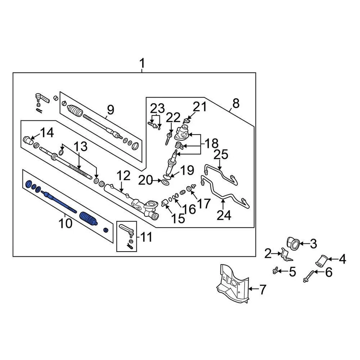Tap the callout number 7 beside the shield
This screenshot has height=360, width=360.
pos(262,289)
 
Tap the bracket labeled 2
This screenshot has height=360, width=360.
pos(286,255)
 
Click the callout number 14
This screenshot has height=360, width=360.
pos(47,133)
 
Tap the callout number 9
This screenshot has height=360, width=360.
pos(110,110)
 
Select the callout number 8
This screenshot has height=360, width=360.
pos(235,104)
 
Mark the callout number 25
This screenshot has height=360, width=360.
pos(221,154)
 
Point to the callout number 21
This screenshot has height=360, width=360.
pos(200,107)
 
